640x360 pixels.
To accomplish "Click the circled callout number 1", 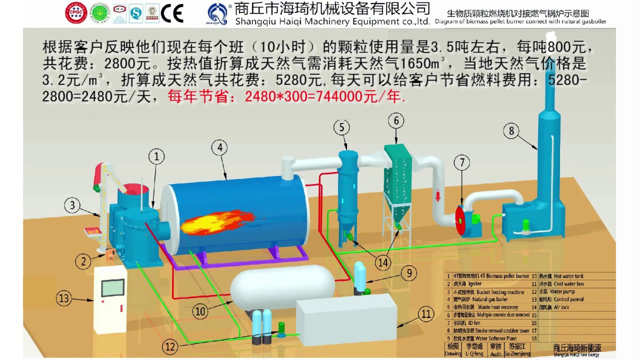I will point(156,157).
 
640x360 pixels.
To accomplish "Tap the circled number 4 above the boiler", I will point(219,147).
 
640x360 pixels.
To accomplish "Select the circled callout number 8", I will point(510,131).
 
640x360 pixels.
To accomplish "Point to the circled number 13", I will point(63,298).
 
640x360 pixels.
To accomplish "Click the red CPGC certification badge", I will point(76,13).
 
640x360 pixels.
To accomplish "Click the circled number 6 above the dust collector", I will point(396,120).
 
